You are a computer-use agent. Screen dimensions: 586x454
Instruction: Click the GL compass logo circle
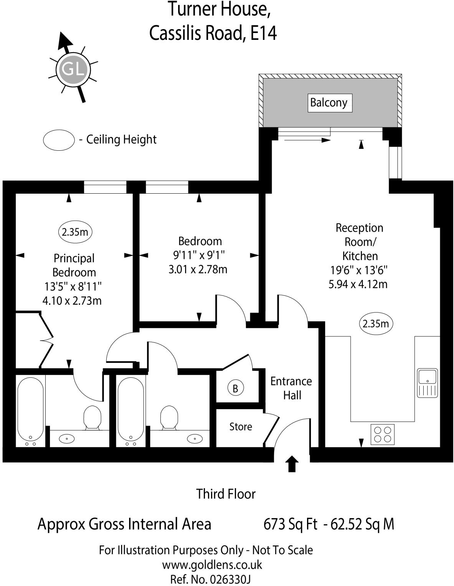pyautogui.click(x=73, y=70)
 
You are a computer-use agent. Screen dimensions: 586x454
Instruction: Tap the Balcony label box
pyautogui.click(x=330, y=103)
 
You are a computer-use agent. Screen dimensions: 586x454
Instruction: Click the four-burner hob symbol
pyautogui.click(x=383, y=434)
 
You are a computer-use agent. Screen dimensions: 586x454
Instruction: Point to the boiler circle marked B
pyautogui.click(x=235, y=388)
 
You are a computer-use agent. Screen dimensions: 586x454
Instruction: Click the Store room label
pyautogui.click(x=241, y=426)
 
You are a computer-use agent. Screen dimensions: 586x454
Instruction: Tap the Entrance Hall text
pyautogui.click(x=291, y=388)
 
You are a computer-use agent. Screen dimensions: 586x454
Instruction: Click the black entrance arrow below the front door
pyautogui.click(x=292, y=463)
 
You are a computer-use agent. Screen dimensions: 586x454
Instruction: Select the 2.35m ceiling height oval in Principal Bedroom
pyautogui.click(x=75, y=232)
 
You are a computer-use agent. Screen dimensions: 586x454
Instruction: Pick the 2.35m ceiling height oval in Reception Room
pyautogui.click(x=376, y=324)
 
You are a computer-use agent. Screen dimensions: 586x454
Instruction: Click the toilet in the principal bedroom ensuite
pyautogui.click(x=92, y=417)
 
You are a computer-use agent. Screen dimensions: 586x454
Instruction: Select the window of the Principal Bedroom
pyautogui.click(x=105, y=187)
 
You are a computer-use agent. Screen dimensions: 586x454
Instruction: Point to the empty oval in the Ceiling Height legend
pyautogui.click(x=58, y=140)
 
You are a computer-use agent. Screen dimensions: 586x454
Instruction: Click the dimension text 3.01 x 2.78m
pyautogui.click(x=198, y=269)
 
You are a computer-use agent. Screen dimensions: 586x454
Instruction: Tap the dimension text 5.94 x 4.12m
pyautogui.click(x=358, y=284)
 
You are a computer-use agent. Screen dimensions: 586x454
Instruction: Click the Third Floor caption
pyautogui.click(x=226, y=494)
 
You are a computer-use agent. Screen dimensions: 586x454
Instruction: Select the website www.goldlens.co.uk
pyautogui.click(x=212, y=565)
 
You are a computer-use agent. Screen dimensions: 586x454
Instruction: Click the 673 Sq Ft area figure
pyautogui.click(x=290, y=524)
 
